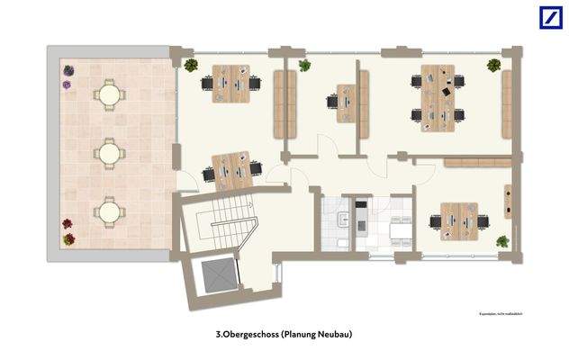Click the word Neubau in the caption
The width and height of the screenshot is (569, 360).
pos(332,335)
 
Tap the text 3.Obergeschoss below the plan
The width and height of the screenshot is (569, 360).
pos(247,335)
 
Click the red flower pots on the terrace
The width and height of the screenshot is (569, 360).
pos(68,232)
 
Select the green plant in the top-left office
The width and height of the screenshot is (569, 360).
pos(190,65)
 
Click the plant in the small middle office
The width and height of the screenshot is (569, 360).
pos(304,65)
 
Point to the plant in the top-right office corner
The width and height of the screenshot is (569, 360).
pos(493,65)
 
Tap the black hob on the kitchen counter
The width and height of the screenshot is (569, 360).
pos(361,218)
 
